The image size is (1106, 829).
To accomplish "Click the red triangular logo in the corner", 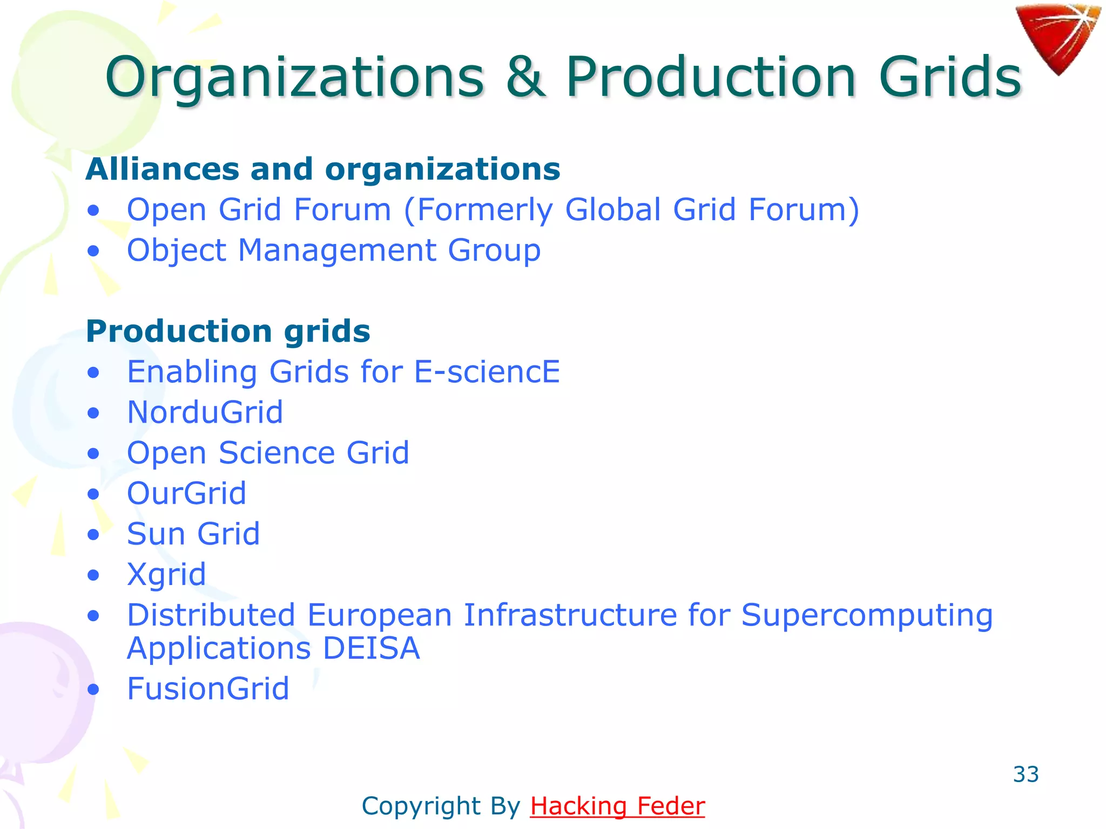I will [x=1057, y=36].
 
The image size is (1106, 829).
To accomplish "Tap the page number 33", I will [x=1026, y=774].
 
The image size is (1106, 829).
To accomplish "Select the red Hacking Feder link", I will [x=617, y=806].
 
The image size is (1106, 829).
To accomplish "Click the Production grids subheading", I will [x=228, y=331].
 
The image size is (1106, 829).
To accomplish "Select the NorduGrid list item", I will [x=205, y=412].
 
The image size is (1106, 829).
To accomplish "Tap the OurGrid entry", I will [x=186, y=493].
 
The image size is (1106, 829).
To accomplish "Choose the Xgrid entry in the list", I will [x=166, y=574].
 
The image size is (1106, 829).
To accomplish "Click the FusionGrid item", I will [x=208, y=689].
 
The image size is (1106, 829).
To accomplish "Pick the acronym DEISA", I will [x=371, y=648].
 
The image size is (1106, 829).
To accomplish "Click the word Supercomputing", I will [x=867, y=615].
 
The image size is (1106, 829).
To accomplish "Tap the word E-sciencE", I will [x=487, y=372].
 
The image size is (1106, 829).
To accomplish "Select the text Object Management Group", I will [x=334, y=250].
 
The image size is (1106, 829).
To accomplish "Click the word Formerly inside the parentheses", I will [x=484, y=210].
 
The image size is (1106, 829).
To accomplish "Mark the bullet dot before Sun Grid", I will [x=94, y=535].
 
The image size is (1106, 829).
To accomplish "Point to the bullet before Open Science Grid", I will [x=94, y=454].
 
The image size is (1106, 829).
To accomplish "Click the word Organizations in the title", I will [x=294, y=78].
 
